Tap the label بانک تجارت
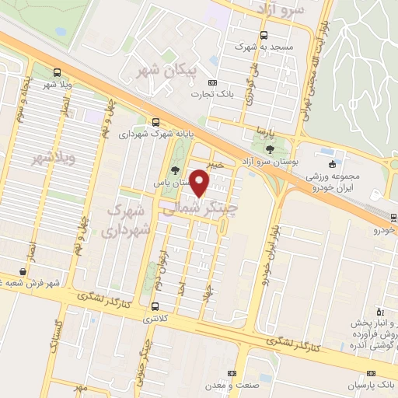pos(211,94)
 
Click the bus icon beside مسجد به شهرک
pos(264,34)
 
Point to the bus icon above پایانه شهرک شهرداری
pos(156,122)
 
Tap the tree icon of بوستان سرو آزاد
pos(270,148)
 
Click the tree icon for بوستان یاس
pos(173,170)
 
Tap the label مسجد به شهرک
pos(264,47)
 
